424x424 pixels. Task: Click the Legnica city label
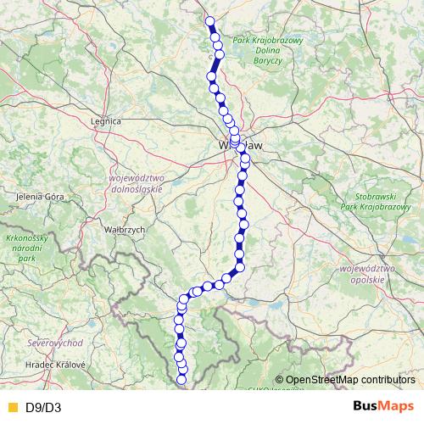point(105,121)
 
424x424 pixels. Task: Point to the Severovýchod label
point(54,343)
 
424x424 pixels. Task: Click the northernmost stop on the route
point(209,22)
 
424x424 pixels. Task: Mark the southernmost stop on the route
point(181,381)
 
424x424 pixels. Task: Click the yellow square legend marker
point(11,407)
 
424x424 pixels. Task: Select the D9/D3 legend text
point(43,407)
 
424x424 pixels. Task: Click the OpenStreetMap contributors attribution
point(350,380)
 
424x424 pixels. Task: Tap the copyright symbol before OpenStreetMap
point(279,380)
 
